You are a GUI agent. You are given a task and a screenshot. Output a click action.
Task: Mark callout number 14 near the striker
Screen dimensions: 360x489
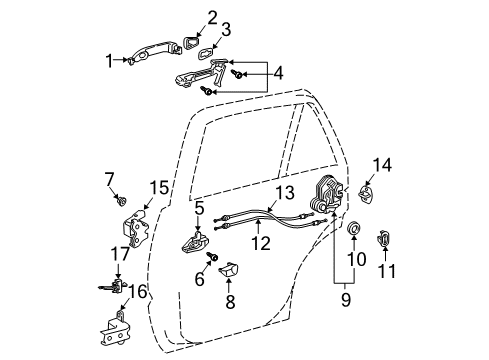[x=380, y=164]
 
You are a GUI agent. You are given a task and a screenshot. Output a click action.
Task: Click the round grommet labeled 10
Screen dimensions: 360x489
[x=356, y=231]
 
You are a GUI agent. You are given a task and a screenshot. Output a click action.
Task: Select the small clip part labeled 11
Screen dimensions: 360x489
[x=385, y=239]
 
